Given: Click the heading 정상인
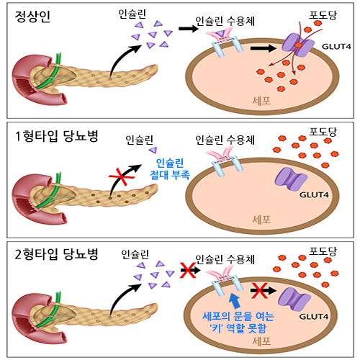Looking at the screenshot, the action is (x=32, y=17).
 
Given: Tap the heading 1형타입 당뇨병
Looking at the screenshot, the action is (x=57, y=136).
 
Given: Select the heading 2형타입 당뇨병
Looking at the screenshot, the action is (x=57, y=254).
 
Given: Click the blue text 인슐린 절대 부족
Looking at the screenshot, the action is (x=170, y=169).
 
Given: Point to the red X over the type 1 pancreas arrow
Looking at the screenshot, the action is (x=122, y=177).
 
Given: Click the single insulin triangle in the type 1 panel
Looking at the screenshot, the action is (x=153, y=150).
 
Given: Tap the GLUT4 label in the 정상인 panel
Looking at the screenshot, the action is (x=336, y=47).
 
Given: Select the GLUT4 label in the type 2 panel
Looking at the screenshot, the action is (x=314, y=317).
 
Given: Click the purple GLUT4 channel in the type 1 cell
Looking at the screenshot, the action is (x=291, y=179).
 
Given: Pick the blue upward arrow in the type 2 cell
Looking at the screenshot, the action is (x=235, y=301).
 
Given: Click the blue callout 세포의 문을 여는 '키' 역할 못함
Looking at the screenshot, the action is (x=238, y=322).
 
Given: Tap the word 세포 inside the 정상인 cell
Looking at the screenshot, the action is (x=261, y=101).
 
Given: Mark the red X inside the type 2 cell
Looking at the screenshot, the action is (x=259, y=290).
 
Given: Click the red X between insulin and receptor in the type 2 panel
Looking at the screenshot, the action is (x=188, y=270).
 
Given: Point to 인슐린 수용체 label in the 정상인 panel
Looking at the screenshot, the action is (x=225, y=22).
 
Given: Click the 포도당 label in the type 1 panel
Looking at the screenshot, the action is (x=323, y=132).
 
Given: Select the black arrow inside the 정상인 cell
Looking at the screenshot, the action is (x=264, y=48).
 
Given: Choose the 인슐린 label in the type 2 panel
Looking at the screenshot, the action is (x=135, y=254).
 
